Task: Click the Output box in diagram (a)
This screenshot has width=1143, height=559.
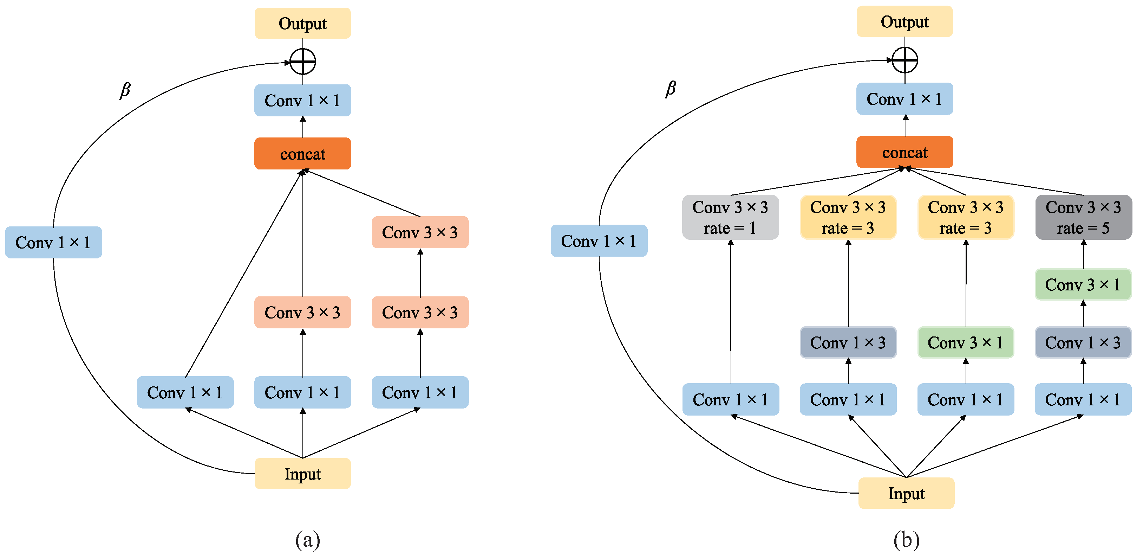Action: coord(303,24)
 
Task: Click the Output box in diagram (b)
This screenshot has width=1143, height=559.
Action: coord(904,22)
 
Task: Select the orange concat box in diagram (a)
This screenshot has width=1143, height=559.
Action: coord(303,154)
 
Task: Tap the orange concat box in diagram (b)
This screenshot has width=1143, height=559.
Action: coord(904,152)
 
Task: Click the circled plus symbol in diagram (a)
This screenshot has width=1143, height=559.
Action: coord(303,62)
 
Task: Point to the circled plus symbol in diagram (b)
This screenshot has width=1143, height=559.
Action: coord(904,60)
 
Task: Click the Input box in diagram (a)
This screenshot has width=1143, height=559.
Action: coord(303,474)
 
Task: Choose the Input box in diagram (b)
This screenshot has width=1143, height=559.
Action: coord(906,493)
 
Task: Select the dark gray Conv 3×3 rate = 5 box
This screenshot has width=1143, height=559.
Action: coord(1083,218)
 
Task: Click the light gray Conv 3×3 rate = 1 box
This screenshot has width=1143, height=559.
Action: coord(730,218)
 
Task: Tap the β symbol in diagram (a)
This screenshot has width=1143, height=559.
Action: coord(125,90)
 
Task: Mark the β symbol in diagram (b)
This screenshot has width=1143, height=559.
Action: coord(671,89)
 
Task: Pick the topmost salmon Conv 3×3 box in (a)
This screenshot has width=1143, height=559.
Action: coord(420,232)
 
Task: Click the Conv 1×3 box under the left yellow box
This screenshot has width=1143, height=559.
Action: coord(848,342)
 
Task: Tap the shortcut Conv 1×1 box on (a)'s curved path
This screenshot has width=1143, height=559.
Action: coord(53,243)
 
